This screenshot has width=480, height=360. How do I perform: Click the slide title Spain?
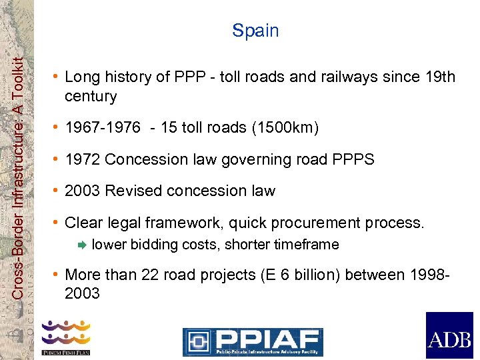pos(255,31)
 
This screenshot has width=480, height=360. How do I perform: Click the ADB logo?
pos(449,335)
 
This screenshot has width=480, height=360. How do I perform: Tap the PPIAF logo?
pos(253,341)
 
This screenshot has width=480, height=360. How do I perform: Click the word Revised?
pos(134,191)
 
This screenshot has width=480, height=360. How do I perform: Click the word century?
pos(91,97)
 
